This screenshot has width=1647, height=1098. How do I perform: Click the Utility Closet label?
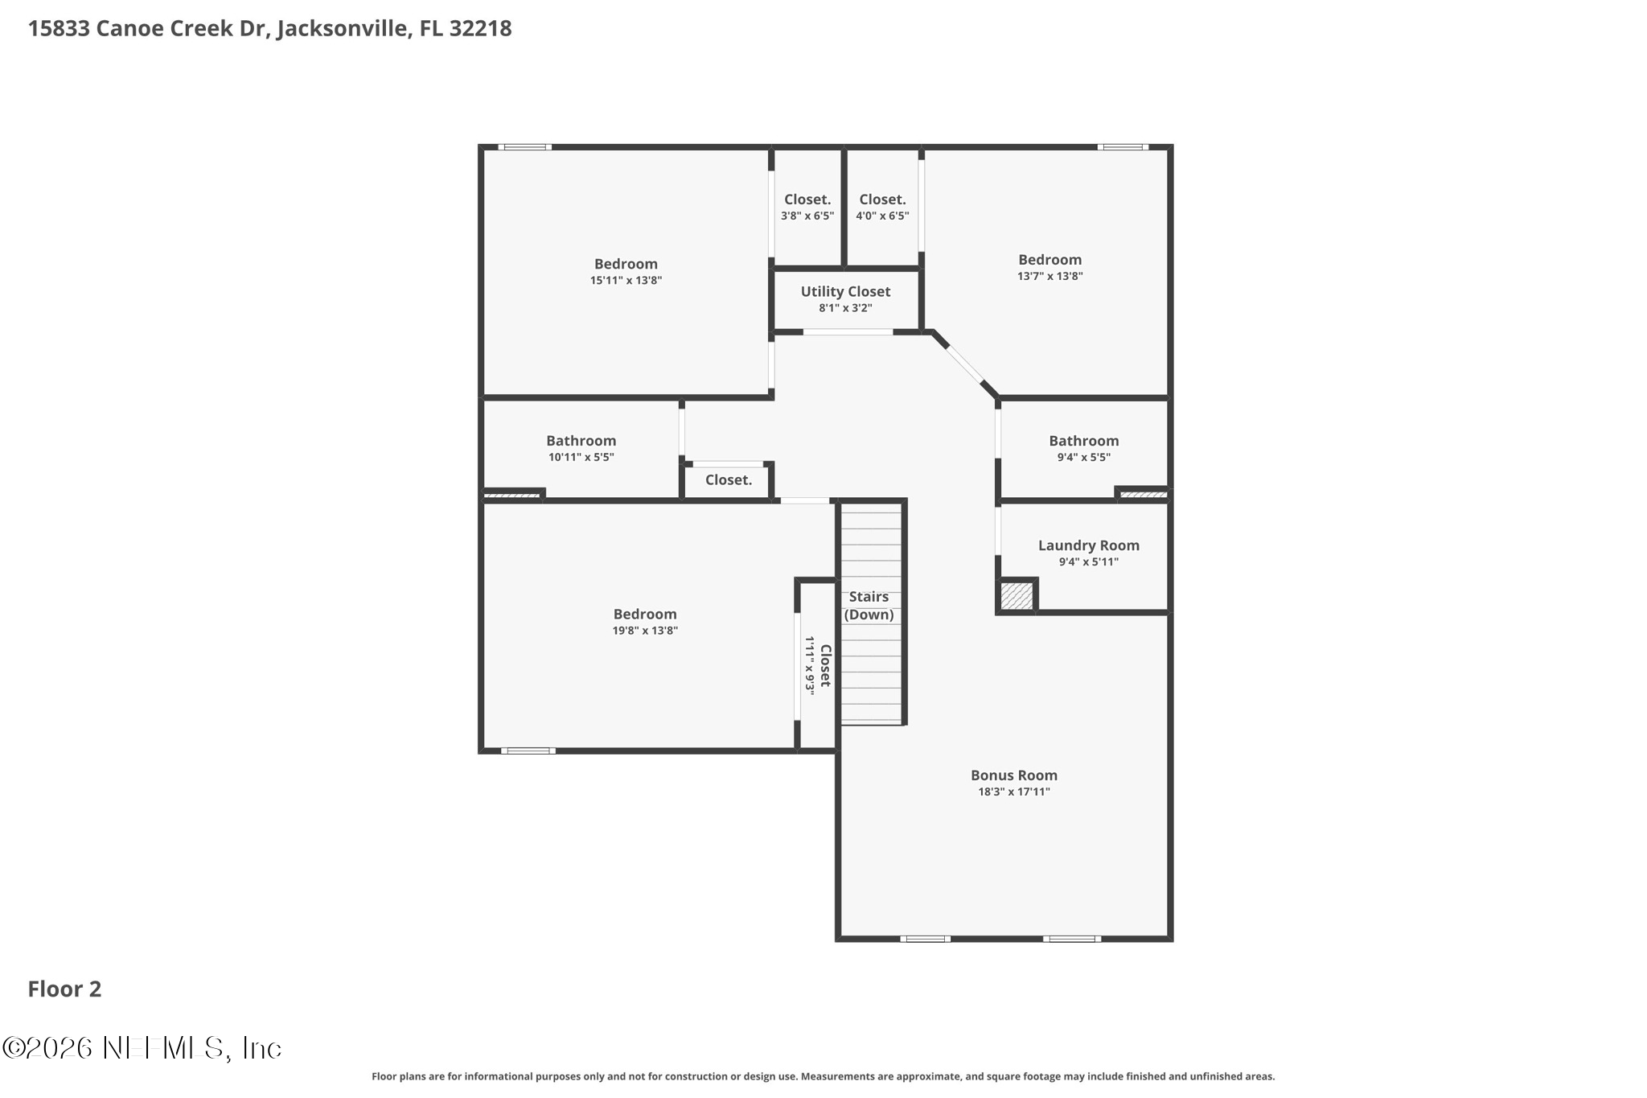(x=845, y=292)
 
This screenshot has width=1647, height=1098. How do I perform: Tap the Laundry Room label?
(x=1088, y=545)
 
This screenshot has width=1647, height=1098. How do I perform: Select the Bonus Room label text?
(x=1013, y=775)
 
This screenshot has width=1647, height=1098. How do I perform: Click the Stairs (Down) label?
(x=869, y=606)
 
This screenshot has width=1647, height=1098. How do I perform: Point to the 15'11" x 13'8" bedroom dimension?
(x=626, y=281)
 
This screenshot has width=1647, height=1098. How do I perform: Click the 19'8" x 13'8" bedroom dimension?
(x=645, y=631)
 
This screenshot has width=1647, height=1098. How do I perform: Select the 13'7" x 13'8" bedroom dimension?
(x=1049, y=276)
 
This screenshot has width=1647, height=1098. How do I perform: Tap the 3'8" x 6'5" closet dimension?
(x=807, y=216)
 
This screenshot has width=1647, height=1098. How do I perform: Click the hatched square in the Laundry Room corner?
(x=1017, y=597)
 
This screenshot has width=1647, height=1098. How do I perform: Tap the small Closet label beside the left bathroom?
(x=729, y=480)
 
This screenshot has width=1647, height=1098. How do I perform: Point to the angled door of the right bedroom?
(x=964, y=364)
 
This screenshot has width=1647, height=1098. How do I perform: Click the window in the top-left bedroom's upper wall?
(x=524, y=147)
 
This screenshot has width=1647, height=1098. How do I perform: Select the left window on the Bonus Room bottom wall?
(x=925, y=938)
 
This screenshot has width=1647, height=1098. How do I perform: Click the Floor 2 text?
(x=64, y=989)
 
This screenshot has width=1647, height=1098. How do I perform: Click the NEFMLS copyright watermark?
(x=142, y=1048)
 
